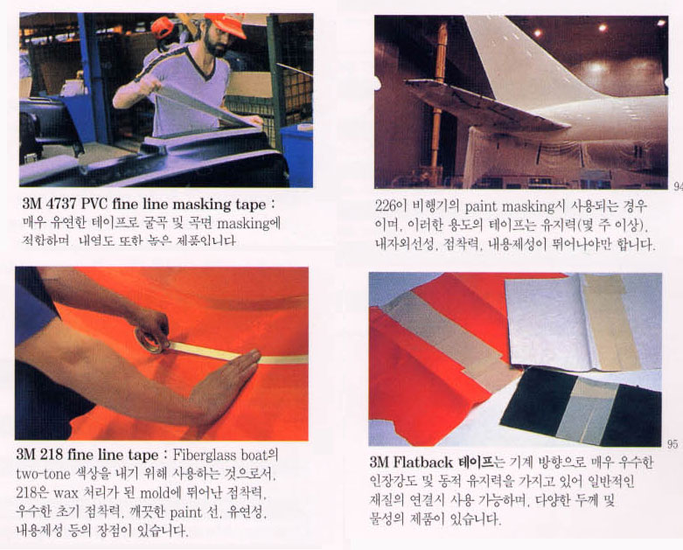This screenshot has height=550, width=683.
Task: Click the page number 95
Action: (x=672, y=443)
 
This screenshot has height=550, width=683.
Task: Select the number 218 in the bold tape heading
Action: (x=56, y=456)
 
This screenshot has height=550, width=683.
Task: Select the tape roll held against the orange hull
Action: (x=150, y=340)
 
